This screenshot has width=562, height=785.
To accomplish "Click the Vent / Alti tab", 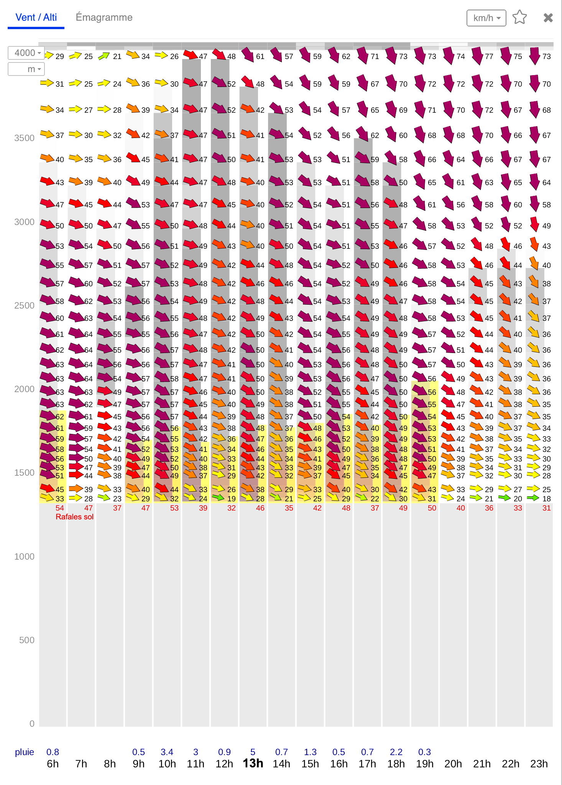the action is click(x=36, y=18).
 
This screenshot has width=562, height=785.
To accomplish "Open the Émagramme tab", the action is click(x=104, y=17).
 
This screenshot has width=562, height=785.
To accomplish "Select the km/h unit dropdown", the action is click(x=486, y=18).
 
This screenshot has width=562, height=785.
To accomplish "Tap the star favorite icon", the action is click(x=519, y=17).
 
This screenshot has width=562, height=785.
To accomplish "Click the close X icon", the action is click(x=548, y=18).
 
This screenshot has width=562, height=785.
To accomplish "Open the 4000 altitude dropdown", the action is click(x=26, y=53).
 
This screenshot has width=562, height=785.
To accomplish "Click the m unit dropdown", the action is click(x=26, y=69).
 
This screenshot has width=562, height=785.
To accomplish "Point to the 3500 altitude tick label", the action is click(x=24, y=138).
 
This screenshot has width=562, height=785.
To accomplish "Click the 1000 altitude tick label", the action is click(x=24, y=557).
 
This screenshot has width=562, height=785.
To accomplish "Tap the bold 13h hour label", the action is click(x=253, y=763).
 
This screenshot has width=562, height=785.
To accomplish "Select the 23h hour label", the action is click(x=539, y=764).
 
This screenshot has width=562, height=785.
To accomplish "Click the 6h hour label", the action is click(x=53, y=764).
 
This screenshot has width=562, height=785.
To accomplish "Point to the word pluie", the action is click(x=25, y=752).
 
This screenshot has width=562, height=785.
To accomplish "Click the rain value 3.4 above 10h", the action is click(x=167, y=752).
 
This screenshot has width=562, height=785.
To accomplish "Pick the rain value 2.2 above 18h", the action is click(x=396, y=752).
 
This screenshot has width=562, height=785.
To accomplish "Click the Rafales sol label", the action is click(x=74, y=517).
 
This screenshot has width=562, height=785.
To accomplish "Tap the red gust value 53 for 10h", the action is click(x=174, y=508).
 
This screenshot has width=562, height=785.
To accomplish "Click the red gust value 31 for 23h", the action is click(x=547, y=508).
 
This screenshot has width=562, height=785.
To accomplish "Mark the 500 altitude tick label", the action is click(x=27, y=640).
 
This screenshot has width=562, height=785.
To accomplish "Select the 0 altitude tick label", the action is click(x=32, y=724).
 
